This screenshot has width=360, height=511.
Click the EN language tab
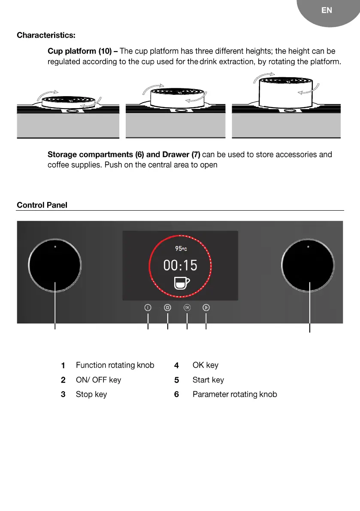pyautogui.click(x=327, y=10)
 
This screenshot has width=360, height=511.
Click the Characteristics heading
pyautogui.click(x=46, y=35)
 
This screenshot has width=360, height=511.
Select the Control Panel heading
pyautogui.click(x=42, y=205)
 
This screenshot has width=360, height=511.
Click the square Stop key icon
pyautogui.click(x=167, y=308)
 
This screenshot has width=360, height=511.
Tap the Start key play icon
pyautogui.click(x=206, y=308)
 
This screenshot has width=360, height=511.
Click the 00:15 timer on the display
pyautogui.click(x=180, y=266)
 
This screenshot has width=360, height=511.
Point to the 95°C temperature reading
pyautogui.click(x=180, y=249)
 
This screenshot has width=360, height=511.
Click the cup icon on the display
pyautogui.click(x=182, y=283)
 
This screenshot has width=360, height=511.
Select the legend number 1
pyautogui.click(x=63, y=366)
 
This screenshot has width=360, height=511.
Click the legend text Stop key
pyautogui.click(x=91, y=394)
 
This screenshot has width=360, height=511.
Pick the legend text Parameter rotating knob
pyautogui.click(x=235, y=394)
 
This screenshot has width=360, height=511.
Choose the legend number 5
pyautogui.click(x=176, y=381)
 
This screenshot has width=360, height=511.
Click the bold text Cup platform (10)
pyautogui.click(x=80, y=51)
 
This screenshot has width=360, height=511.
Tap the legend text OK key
pyautogui.click(x=206, y=366)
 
